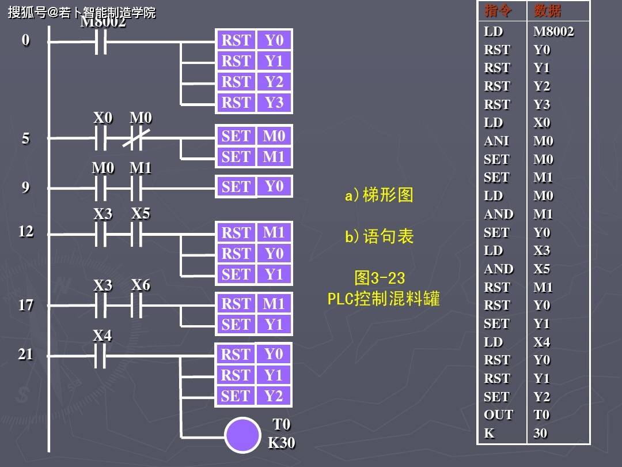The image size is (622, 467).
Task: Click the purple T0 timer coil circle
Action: tap(242, 435)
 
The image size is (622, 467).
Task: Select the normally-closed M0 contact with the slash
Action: tap(136, 138)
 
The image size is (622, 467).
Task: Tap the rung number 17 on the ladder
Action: tap(26, 305)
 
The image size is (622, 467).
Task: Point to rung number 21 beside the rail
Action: tap(25, 354)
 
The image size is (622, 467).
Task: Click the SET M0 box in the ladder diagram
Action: tap(254, 136)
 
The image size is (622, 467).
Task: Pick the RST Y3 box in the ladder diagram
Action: tap(254, 103)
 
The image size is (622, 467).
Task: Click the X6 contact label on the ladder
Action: tap(141, 285)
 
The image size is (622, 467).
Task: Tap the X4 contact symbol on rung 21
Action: tap(100, 356)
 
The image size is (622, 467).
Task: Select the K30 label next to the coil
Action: tap(281, 442)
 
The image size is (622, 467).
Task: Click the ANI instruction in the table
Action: tap(496, 141)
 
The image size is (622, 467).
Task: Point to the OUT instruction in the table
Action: tap(498, 415)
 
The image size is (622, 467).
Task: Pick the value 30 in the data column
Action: tap(540, 433)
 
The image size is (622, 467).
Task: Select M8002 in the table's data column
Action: tap(553, 31)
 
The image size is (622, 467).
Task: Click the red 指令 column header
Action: tap(498, 11)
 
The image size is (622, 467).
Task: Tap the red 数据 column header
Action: tap(548, 11)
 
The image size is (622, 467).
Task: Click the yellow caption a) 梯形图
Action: tap(379, 195)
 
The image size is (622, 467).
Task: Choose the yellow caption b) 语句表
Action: tap(379, 236)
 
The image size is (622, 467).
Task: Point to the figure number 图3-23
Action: tap(380, 278)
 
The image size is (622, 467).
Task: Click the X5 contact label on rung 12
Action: tap(141, 213)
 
